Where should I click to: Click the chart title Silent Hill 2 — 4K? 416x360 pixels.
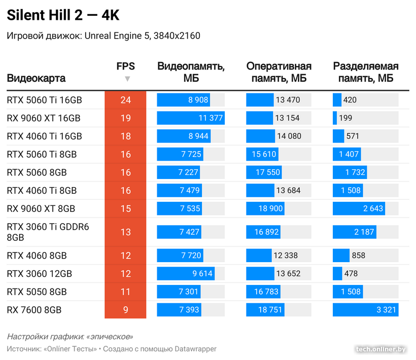point(63,16)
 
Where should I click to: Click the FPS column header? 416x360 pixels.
point(125,66)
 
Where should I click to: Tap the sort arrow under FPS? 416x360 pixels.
point(127,79)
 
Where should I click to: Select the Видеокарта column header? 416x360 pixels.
point(36,79)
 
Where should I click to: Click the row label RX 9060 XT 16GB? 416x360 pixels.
point(44,118)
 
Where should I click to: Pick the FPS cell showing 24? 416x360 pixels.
point(125,100)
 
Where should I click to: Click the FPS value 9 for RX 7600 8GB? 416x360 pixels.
point(125,309)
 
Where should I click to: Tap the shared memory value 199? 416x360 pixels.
point(345,118)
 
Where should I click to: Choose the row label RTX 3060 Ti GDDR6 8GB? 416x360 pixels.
point(48,232)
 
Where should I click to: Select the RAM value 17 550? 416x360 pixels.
point(267,172)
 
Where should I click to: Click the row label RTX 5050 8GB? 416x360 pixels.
point(37,292)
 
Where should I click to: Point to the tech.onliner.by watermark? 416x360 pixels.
point(381,349)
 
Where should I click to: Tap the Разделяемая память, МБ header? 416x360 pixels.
point(365,73)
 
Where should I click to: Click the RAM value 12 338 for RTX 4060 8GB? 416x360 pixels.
point(285,256)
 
